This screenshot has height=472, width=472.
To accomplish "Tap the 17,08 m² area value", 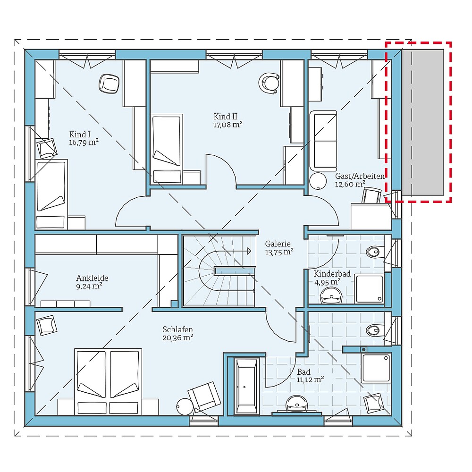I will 228,125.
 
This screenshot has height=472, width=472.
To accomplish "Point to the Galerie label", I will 278,244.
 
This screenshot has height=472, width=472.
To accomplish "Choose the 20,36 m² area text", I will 178,337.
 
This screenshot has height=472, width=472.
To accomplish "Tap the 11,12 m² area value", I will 310,379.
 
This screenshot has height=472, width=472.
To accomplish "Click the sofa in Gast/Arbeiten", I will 323,141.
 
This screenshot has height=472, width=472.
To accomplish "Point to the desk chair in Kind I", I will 109,84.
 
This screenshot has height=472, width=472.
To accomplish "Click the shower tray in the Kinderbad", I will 370,289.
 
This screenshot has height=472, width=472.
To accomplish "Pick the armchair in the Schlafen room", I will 204,396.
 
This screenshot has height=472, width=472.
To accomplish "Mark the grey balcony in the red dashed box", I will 423,122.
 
